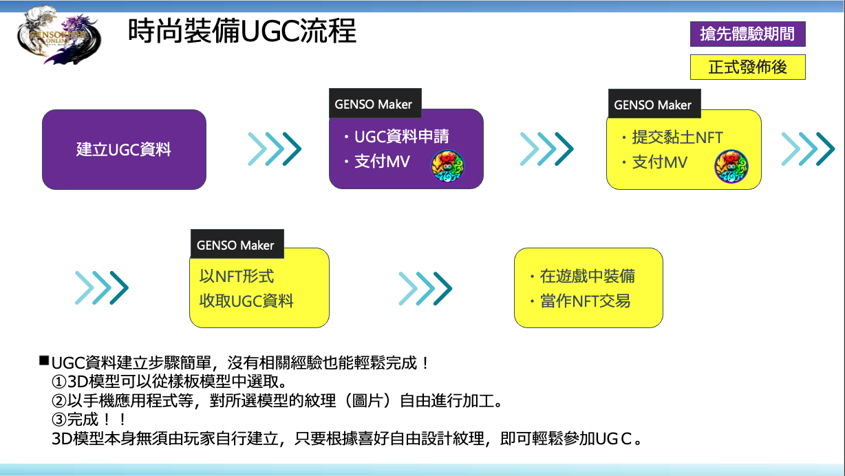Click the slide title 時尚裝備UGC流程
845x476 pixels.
point(242,31)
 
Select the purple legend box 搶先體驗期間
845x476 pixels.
point(747,34)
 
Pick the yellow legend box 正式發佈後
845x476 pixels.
point(747,67)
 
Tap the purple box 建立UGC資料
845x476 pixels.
point(124,149)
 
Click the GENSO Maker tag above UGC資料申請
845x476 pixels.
point(374,105)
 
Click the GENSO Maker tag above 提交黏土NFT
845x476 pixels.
point(652,105)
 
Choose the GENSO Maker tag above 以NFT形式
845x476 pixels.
point(235,245)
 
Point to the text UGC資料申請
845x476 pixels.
point(401,137)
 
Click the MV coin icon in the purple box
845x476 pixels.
point(447,166)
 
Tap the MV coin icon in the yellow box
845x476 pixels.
point(731,166)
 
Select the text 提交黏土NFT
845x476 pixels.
point(677,138)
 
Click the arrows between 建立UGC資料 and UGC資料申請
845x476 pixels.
point(275,149)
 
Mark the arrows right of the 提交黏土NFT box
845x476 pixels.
point(808,149)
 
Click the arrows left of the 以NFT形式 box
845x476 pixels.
point(101,288)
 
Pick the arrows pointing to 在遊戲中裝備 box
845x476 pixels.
point(425,288)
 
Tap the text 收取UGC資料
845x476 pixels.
point(246,301)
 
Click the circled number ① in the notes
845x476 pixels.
point(58,381)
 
